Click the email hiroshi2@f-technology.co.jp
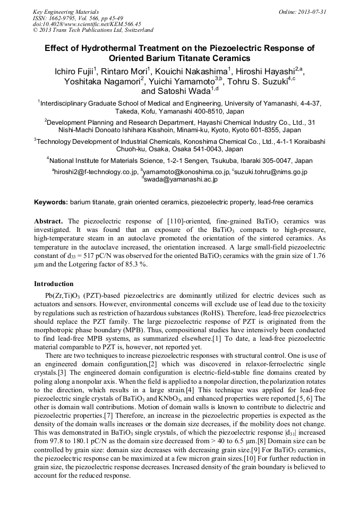click(96, 172)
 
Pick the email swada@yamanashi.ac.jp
click(178, 180)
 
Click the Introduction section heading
click(54, 284)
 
